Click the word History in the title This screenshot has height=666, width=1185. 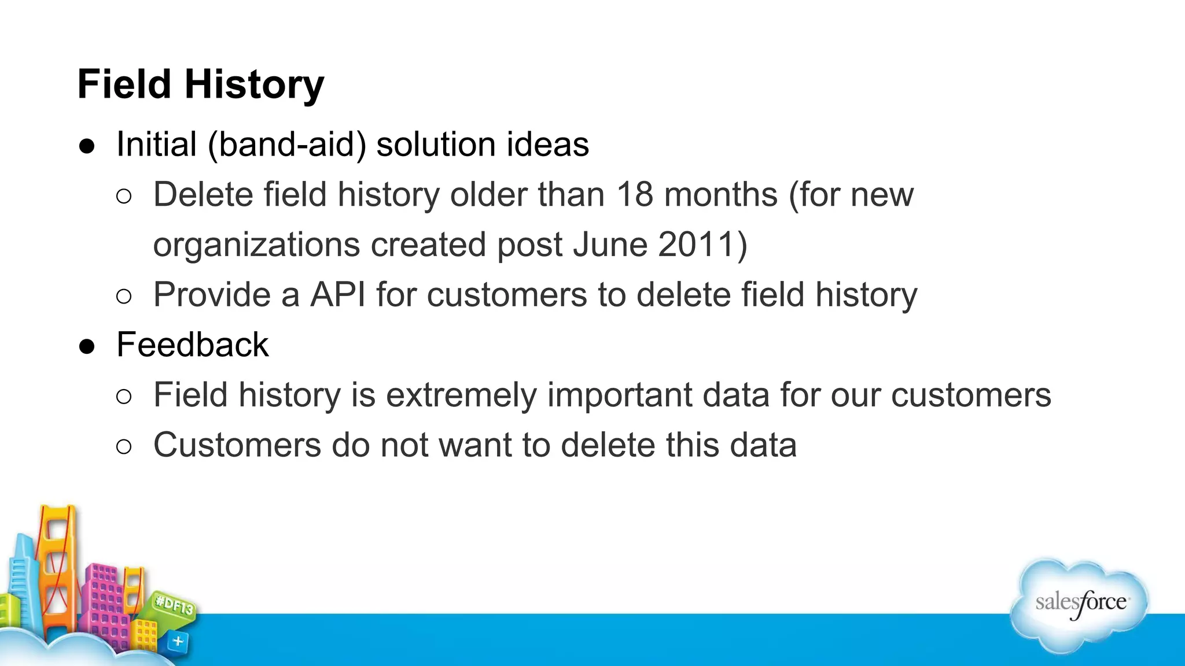[254, 84]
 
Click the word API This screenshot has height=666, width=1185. [338, 295]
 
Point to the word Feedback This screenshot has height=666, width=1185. [193, 345]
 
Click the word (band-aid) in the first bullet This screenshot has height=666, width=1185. [287, 145]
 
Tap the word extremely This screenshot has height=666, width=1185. [461, 395]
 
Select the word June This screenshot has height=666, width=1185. [610, 245]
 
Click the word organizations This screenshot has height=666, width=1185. [257, 245]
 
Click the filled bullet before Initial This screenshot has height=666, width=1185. [87, 146]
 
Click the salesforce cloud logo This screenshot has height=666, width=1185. [1080, 604]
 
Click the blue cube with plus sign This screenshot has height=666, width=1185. [178, 642]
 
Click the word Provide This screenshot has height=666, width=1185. [212, 295]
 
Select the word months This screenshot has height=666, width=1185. [720, 194]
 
